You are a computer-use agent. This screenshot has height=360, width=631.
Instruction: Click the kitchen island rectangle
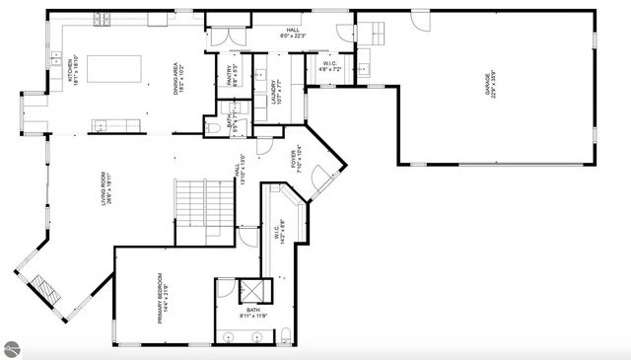tap(115, 69)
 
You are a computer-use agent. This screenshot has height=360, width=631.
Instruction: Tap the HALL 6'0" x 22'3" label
tap(293, 34)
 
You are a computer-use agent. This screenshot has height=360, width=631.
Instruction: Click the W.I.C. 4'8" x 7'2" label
tap(328, 69)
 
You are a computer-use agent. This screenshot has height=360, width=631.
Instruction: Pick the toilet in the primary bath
tap(284, 335)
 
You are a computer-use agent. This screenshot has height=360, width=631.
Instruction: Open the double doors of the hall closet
tap(223, 37)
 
